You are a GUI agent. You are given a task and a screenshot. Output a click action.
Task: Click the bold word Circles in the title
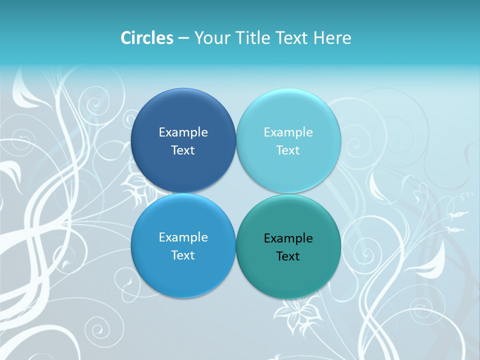point(147,38)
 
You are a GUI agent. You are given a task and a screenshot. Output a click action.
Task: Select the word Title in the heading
point(254,38)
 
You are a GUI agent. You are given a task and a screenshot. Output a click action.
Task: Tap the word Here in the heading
point(332,38)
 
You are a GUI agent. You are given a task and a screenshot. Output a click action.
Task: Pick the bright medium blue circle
point(183,275)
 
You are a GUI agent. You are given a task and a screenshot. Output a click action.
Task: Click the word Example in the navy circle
point(183,132)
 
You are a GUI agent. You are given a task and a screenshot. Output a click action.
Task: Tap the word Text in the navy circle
point(183,150)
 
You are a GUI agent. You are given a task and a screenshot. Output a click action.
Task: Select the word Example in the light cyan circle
point(288,132)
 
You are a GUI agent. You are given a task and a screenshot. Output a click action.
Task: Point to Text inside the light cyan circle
point(288,150)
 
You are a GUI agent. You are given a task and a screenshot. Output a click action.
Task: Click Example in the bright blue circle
point(183,237)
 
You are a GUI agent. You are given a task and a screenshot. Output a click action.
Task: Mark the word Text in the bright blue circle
point(183,255)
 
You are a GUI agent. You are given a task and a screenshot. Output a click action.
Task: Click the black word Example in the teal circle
point(288,238)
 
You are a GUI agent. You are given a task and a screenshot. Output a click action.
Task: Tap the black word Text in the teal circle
point(288,256)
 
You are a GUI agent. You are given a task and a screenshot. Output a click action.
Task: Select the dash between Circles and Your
point(183,38)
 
